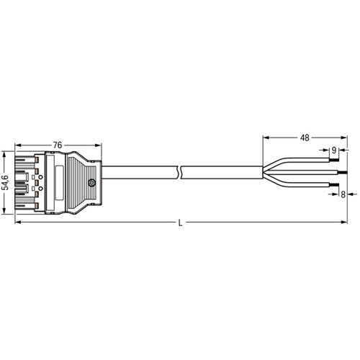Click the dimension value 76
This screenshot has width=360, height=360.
(58, 145)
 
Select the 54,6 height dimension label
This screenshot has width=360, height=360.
(5, 183)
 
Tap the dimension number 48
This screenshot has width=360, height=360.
(305, 138)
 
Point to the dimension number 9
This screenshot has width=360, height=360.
(334, 150)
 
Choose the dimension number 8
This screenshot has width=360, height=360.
(343, 194)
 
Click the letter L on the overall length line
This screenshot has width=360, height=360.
(181, 223)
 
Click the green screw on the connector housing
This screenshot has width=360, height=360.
(91, 183)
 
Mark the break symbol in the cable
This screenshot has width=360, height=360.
(179, 172)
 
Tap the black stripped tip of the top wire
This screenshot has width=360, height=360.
(334, 160)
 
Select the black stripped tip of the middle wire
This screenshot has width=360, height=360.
(343, 173)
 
